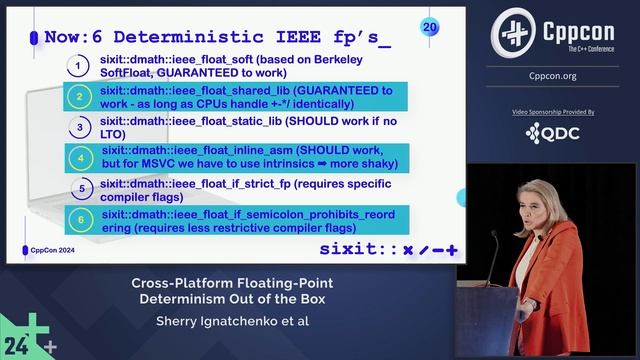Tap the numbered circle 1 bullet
pyautogui.click(x=79, y=67)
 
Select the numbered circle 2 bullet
pyautogui.click(x=79, y=97)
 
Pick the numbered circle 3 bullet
pyautogui.click(x=79, y=128)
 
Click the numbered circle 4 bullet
pyautogui.click(x=79, y=158)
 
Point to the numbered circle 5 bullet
pyautogui.click(x=79, y=188)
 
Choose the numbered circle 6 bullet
pyautogui.click(x=79, y=218)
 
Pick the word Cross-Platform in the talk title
pyautogui.click(x=180, y=282)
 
